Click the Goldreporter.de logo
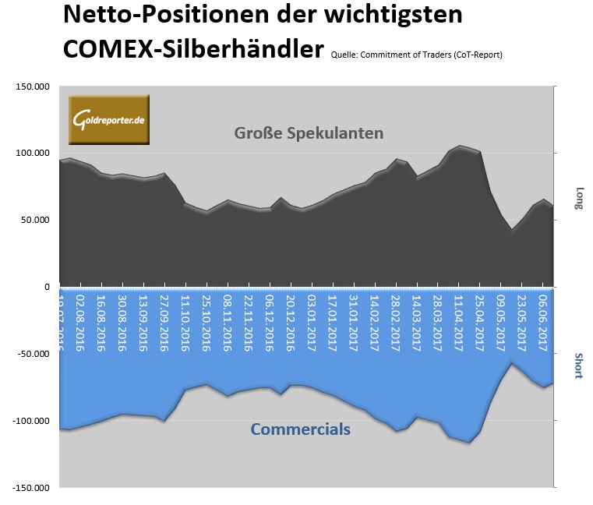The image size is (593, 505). click(x=108, y=120)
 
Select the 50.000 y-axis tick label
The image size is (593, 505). click(x=34, y=221)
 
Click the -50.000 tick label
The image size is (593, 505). click(x=32, y=354)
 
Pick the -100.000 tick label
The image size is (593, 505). click(x=30, y=421)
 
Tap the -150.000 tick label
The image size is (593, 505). click(x=30, y=488)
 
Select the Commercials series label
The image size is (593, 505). click(x=300, y=429)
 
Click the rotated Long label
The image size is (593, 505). click(x=577, y=198)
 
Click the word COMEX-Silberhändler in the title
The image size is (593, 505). click(x=192, y=49)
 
